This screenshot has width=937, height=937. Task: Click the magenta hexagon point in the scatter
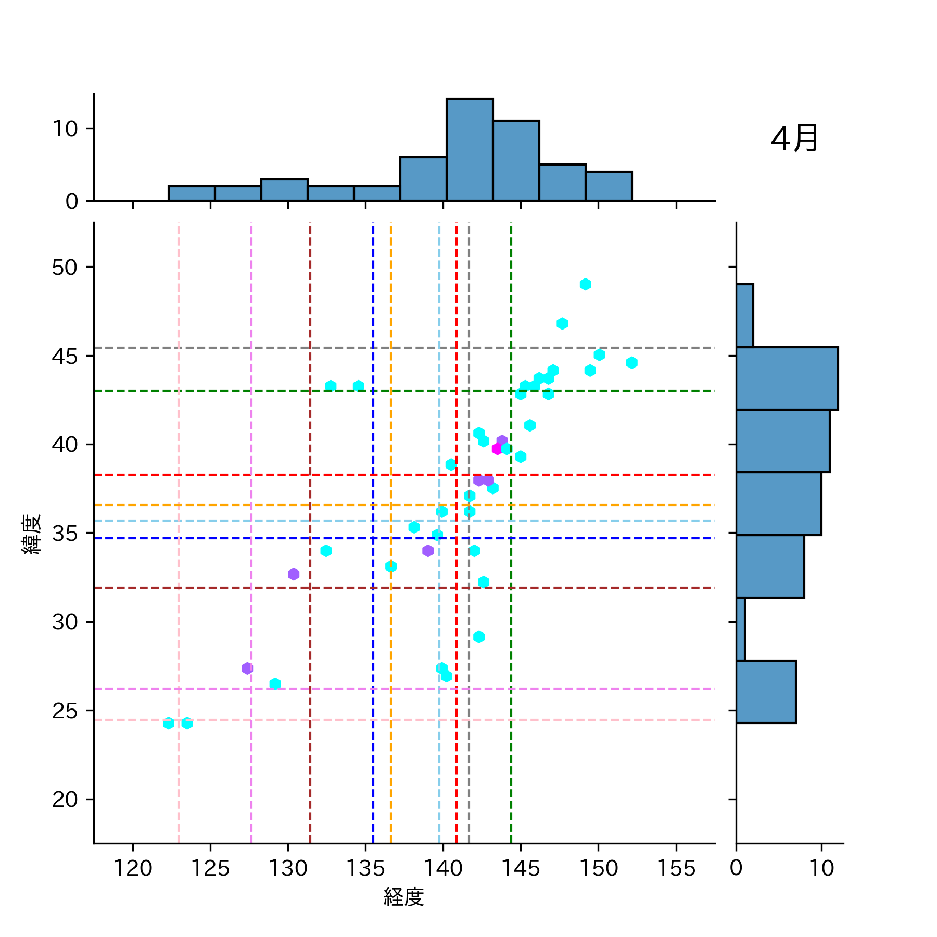pyautogui.click(x=497, y=449)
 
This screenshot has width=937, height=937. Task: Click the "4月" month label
pyautogui.click(x=794, y=139)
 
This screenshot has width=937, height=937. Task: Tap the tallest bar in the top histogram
pyautogui.click(x=470, y=150)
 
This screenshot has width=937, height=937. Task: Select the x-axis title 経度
pyautogui.click(x=404, y=897)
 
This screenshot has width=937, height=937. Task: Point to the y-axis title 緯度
pyautogui.click(x=31, y=534)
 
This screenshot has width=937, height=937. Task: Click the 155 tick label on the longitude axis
pyautogui.click(x=676, y=868)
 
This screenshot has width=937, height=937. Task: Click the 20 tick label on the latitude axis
pyautogui.click(x=65, y=799)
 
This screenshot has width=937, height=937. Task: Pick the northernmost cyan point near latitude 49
pyautogui.click(x=585, y=284)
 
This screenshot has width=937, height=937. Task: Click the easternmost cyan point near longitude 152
pyautogui.click(x=631, y=363)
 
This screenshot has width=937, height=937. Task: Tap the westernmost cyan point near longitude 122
pyautogui.click(x=168, y=723)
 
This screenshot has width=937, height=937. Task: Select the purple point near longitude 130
pyautogui.click(x=294, y=574)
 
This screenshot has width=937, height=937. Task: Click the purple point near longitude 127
pyautogui.click(x=247, y=668)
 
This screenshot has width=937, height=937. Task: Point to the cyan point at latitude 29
pyautogui.click(x=479, y=637)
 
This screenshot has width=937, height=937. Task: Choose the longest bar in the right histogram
pyautogui.click(x=787, y=378)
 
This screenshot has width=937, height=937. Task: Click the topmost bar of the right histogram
pyautogui.click(x=744, y=315)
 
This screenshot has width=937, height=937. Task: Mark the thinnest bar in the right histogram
pyautogui.click(x=740, y=629)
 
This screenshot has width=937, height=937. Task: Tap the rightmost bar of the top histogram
pyautogui.click(x=609, y=186)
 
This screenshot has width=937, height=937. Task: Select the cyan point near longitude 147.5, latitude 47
pyautogui.click(x=562, y=324)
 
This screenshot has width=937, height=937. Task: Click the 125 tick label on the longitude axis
pyautogui.click(x=210, y=868)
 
